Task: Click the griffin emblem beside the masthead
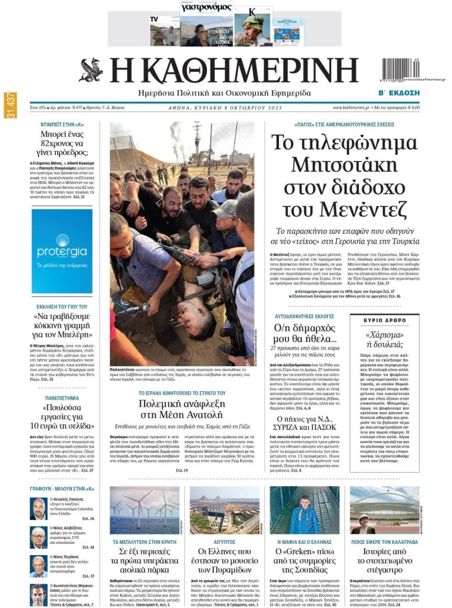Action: [91, 70]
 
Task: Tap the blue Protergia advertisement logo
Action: [62, 243]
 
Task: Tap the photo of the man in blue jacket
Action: [305, 510]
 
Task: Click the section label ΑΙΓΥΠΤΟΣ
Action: [224, 542]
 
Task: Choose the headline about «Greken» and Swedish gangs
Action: [305, 560]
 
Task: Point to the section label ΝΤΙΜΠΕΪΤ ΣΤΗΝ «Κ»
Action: [62, 126]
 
